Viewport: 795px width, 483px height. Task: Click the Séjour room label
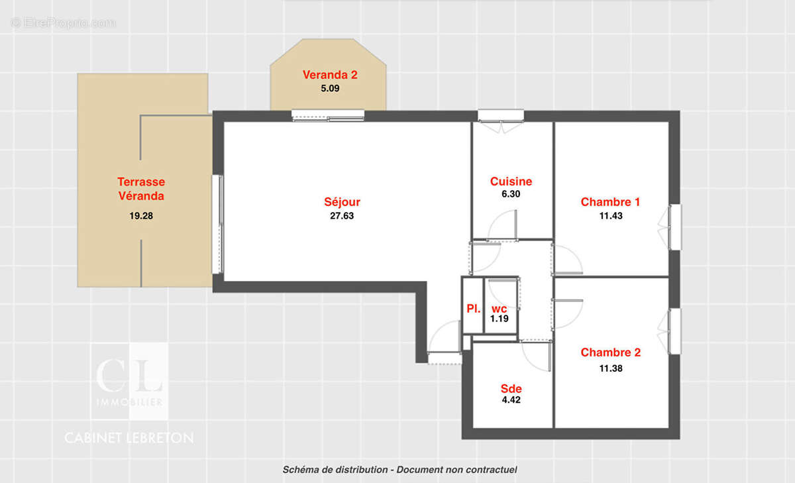pyautogui.click(x=342, y=202)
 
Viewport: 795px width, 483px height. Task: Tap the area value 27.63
pyautogui.click(x=342, y=215)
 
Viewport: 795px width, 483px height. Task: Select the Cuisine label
pyautogui.click(x=511, y=182)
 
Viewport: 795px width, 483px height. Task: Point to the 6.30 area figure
pyautogui.click(x=511, y=195)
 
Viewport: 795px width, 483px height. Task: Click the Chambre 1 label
pyautogui.click(x=610, y=202)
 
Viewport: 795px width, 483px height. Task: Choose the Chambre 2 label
pyautogui.click(x=610, y=352)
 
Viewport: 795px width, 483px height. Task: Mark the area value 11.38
pyautogui.click(x=610, y=368)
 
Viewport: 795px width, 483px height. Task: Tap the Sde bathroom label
pyautogui.click(x=511, y=389)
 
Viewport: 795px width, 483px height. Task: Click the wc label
pyautogui.click(x=498, y=309)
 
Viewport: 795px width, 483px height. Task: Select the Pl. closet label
pyautogui.click(x=473, y=309)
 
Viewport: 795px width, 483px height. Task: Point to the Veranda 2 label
pyautogui.click(x=330, y=74)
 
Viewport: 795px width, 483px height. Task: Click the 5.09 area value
pyautogui.click(x=330, y=87)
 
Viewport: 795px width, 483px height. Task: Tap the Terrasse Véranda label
pyautogui.click(x=141, y=189)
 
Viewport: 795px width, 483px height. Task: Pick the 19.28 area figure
pyautogui.click(x=141, y=215)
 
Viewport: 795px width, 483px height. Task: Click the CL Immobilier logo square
pyautogui.click(x=129, y=381)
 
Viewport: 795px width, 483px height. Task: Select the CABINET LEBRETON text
pyautogui.click(x=129, y=438)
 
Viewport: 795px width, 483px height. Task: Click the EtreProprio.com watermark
pyautogui.click(x=64, y=23)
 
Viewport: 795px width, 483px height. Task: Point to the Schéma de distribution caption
pyautogui.click(x=399, y=470)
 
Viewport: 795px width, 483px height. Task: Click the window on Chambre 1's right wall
pyautogui.click(x=674, y=227)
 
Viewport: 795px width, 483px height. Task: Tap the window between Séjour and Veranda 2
pyautogui.click(x=328, y=115)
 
